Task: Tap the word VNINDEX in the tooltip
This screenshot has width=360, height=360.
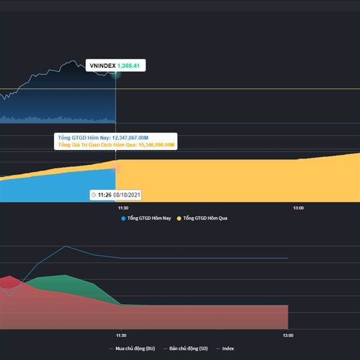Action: [x=103, y=65]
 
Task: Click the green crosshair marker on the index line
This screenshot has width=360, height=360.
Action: [x=115, y=74]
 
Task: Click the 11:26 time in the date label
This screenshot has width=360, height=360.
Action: [x=104, y=195]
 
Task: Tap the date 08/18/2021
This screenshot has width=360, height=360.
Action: [x=127, y=195]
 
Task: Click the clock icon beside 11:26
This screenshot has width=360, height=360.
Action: [x=94, y=195]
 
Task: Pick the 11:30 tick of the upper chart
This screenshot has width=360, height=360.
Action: [x=116, y=208]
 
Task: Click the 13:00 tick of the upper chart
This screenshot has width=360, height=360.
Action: [x=298, y=208]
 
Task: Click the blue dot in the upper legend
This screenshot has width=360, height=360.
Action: [x=124, y=218]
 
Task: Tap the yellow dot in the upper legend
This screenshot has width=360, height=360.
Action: [x=179, y=218]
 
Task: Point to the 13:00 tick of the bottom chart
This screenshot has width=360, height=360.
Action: [x=288, y=335]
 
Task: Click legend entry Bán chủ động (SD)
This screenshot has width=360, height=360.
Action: [x=188, y=348]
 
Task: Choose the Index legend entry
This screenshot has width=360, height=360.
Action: [x=227, y=348]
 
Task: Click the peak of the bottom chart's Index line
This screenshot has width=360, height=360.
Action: [x=65, y=246]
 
